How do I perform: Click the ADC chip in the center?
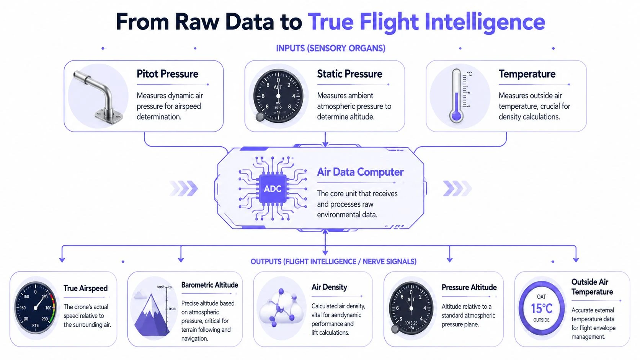pyautogui.click(x=273, y=189)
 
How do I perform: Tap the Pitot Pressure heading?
pyautogui.click(x=167, y=74)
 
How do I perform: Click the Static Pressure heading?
pyautogui.click(x=349, y=74)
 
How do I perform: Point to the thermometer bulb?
pyautogui.click(x=456, y=115)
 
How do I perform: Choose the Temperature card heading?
pyautogui.click(x=527, y=74)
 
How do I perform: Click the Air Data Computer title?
pyautogui.click(x=360, y=172)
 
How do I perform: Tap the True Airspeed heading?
pyautogui.click(x=85, y=288)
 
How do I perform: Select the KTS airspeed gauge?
pyautogui.click(x=35, y=308)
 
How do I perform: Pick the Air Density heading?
pyautogui.click(x=329, y=287)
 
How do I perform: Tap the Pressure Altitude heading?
pyautogui.click(x=469, y=287)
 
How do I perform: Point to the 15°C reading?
pyautogui.click(x=541, y=308)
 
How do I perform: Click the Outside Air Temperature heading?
pyautogui.click(x=592, y=287)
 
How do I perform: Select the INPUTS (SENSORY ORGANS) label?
pyautogui.click(x=331, y=48)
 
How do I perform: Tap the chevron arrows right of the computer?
pyautogui.click(x=457, y=188)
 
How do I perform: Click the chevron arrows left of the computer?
pyautogui.click(x=184, y=188)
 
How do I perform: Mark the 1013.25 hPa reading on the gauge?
pyautogui.click(x=411, y=325)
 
